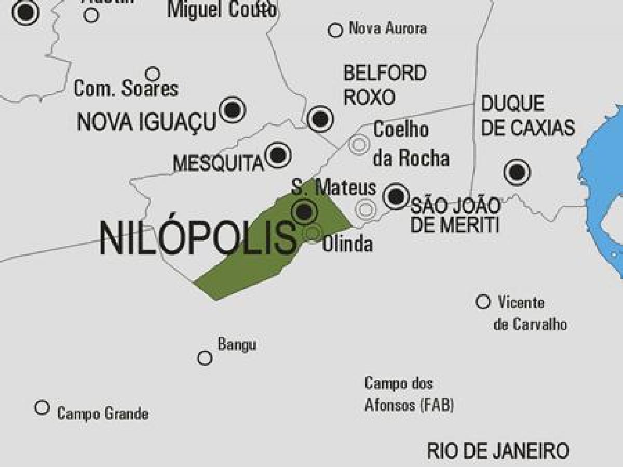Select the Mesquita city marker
[x=278, y=154]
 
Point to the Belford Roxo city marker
[x=320, y=119]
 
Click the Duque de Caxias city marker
[x=517, y=172]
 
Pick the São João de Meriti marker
[x=396, y=196]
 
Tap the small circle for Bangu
[x=205, y=358]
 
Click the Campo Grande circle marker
[x=42, y=407]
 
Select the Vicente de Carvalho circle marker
[x=483, y=302]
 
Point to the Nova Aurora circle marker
[x=335, y=30]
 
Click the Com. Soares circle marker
[x=153, y=74]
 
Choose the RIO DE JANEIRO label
[x=497, y=450]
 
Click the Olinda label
[x=347, y=244]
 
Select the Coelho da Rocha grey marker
[x=359, y=144]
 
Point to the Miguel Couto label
[x=222, y=9]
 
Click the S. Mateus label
[x=333, y=187]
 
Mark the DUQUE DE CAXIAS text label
[x=527, y=116]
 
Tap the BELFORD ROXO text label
[x=385, y=84]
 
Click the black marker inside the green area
[x=304, y=211]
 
